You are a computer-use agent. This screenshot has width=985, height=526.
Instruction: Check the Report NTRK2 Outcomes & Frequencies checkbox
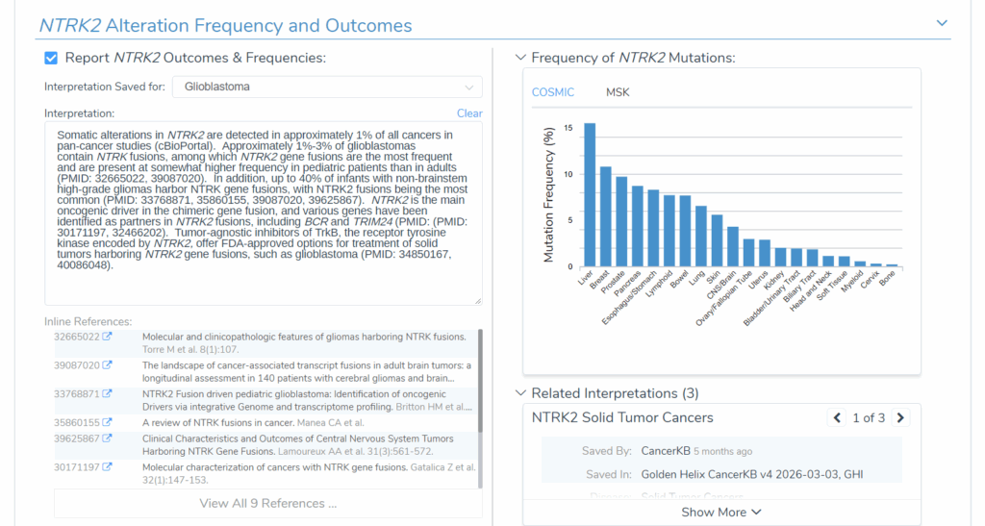[51, 58]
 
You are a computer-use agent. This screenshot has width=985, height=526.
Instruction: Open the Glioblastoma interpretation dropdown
[327, 87]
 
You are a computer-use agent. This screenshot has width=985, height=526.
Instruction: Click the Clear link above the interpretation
[469, 113]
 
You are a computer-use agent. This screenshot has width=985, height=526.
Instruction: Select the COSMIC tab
[553, 92]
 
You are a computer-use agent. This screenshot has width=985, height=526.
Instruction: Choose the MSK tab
[618, 92]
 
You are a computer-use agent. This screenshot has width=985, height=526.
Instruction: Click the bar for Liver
[590, 194]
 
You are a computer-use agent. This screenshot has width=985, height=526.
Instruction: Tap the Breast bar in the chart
[606, 216]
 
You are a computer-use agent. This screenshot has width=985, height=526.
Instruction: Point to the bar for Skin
[717, 241]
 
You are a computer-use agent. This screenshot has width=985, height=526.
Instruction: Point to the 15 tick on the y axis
[568, 128]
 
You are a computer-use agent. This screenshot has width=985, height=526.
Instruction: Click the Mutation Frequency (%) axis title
[549, 194]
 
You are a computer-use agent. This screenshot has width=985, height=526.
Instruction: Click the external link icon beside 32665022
[108, 337]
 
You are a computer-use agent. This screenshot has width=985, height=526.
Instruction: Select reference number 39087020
[77, 365]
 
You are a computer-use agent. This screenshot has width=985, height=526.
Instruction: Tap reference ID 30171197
[77, 467]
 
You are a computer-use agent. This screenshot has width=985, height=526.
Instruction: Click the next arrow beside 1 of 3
[900, 418]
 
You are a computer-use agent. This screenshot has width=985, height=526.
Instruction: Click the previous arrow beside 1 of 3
[837, 418]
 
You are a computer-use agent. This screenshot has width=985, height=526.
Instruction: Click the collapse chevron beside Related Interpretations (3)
[520, 393]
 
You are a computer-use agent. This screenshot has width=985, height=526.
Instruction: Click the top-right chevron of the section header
[942, 23]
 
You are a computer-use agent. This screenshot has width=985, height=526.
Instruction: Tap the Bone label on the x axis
[888, 278]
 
